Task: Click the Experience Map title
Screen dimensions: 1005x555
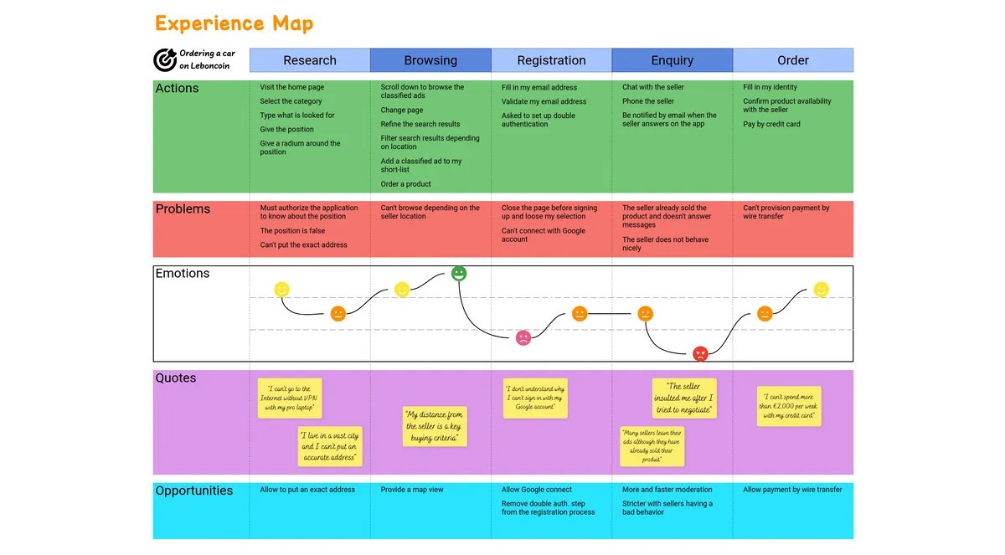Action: tap(234, 23)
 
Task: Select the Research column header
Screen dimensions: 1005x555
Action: tap(310, 60)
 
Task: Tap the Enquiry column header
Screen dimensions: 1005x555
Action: tap(672, 60)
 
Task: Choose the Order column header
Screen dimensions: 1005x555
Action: tap(792, 60)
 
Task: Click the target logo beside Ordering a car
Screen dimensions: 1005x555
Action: tap(164, 59)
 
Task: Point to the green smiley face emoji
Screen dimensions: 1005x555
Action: tap(459, 273)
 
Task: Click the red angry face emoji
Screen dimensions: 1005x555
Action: tap(700, 353)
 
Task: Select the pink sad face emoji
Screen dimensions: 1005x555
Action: tap(523, 338)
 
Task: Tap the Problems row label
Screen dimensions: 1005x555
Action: tap(183, 209)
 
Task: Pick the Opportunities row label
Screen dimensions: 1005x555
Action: tap(193, 491)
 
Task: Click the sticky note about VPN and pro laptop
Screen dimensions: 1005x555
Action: tap(289, 398)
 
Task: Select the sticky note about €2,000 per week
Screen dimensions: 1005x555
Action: tap(789, 407)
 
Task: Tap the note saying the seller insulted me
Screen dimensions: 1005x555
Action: tap(684, 398)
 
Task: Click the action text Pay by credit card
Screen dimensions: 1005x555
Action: tap(771, 124)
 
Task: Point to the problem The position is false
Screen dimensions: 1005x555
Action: tap(292, 231)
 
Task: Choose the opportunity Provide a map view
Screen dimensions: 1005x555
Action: tap(412, 490)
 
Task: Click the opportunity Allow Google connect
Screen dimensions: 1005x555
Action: tap(536, 490)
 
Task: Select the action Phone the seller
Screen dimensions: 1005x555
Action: tap(647, 101)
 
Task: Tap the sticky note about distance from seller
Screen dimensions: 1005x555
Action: tap(434, 426)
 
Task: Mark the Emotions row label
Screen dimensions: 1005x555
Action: tap(183, 274)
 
